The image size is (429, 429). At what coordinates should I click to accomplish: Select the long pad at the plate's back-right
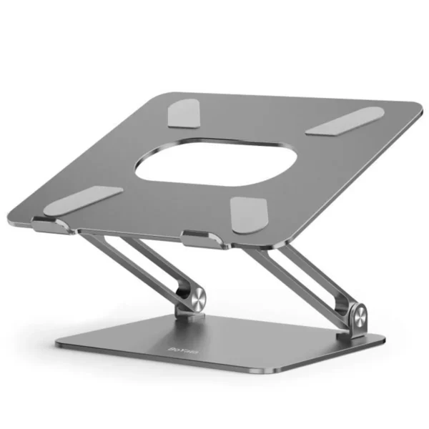coord(345,121)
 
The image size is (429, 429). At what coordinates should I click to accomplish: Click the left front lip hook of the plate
coord(50,227)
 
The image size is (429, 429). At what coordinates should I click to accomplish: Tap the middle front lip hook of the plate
coord(201,240)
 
